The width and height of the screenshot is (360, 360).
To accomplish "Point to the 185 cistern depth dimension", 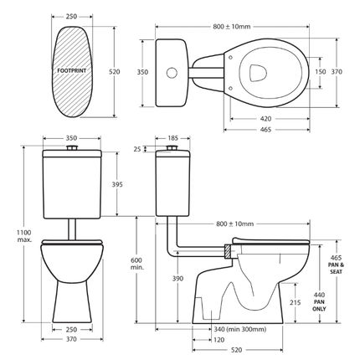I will point(172,136).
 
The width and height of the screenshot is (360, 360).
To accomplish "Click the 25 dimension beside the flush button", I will point(136,149).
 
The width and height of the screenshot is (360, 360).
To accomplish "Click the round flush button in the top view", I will point(172,73).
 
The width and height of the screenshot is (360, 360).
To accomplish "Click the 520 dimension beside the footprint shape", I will point(115,72).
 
